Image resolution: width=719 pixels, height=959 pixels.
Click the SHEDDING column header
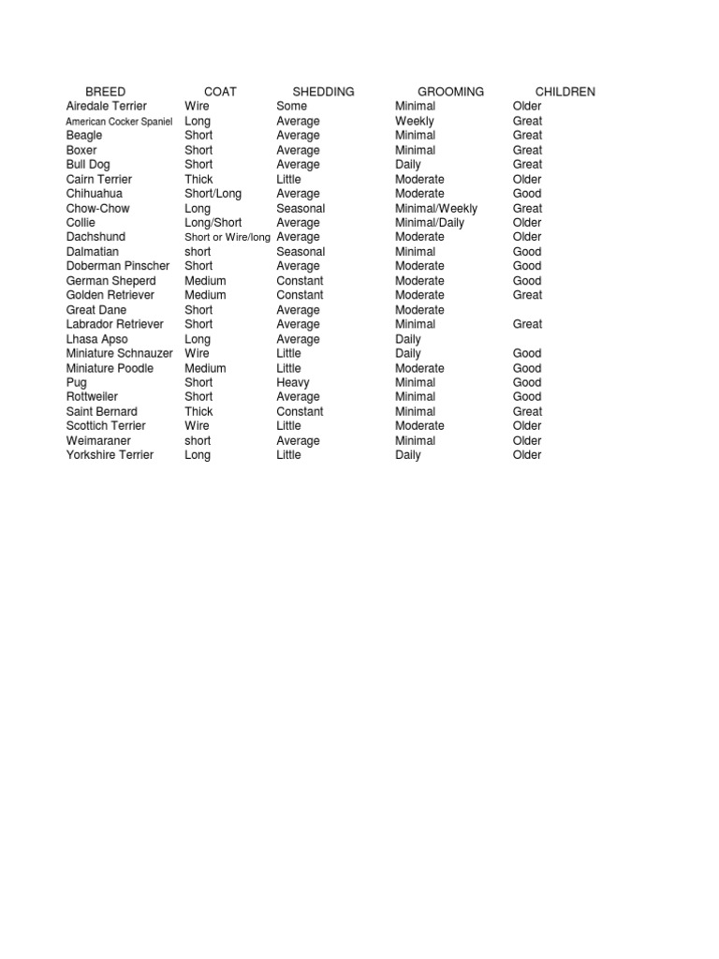coord(323,92)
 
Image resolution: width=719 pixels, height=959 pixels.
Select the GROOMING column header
coord(450,92)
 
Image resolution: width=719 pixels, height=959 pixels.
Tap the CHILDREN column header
coord(565,92)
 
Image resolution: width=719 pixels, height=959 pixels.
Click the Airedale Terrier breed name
coord(107,107)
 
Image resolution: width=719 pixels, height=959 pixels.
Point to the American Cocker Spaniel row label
coord(119,122)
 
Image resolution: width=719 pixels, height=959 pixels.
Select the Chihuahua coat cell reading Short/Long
coord(213,194)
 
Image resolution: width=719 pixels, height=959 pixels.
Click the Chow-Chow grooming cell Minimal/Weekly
coord(436,209)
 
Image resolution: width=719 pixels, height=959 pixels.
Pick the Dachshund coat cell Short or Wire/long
coord(227,238)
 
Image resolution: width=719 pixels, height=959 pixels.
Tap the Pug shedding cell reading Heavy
coord(293,383)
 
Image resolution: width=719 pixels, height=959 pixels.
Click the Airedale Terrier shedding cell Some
coord(291,107)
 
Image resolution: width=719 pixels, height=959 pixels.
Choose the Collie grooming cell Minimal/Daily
coord(430,223)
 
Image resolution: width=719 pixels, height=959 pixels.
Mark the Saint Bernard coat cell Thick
coord(198,412)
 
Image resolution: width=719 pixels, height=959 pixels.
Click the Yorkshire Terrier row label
coord(110,455)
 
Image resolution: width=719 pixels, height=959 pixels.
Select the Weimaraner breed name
coord(98,441)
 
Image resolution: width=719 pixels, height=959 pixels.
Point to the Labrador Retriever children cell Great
coord(527,325)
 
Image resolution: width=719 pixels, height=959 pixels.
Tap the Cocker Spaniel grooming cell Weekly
coord(414,122)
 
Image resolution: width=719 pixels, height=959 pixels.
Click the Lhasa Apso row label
coord(97,339)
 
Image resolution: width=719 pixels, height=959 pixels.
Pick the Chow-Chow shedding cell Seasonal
coord(301,209)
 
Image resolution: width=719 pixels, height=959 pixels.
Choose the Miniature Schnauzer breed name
coord(119,354)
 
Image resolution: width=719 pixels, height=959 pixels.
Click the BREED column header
coord(105,92)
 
